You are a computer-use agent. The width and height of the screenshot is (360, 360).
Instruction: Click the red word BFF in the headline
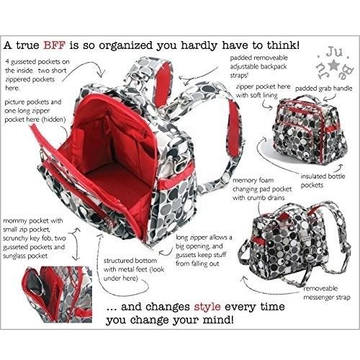pos(54,45)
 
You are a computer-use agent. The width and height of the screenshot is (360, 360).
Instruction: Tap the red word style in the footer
pos(207,307)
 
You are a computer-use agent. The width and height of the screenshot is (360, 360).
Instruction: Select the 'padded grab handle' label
pos(323,89)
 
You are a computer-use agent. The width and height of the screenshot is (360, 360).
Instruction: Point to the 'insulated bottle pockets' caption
pos(323,181)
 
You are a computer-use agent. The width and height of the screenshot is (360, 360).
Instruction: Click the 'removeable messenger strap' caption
pos(327,293)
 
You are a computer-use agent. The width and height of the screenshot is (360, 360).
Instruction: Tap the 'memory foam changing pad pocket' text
pos(262,189)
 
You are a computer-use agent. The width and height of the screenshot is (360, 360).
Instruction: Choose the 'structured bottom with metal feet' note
pos(134,269)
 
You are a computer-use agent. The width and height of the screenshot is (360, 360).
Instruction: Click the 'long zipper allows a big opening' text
pos(204,251)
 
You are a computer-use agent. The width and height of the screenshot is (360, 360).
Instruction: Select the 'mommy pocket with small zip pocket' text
pos(34,238)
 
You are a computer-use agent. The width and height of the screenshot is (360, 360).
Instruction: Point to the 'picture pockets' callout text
pos(35,111)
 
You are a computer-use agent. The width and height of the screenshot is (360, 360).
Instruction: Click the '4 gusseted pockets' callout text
pos(37,75)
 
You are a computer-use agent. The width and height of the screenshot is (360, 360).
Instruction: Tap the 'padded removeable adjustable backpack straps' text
pos(258,66)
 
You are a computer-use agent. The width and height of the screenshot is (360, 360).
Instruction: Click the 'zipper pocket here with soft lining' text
pos(263,91)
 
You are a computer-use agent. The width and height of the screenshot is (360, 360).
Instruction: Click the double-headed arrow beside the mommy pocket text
pos(76,243)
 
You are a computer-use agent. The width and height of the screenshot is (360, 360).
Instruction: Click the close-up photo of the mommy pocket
pos(57,294)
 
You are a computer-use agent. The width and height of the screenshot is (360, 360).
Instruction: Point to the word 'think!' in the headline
pos(283,45)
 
